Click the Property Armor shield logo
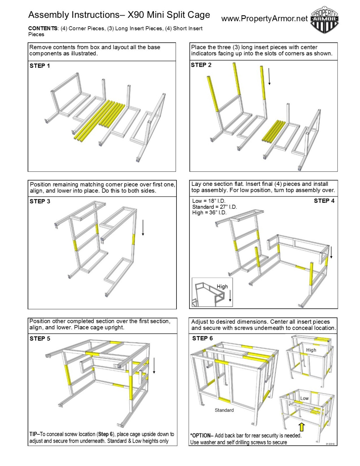[x=324, y=20]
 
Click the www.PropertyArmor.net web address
[x=264, y=19]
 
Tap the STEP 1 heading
[x=40, y=66]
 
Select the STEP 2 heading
[x=201, y=65]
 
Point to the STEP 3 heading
[x=40, y=201]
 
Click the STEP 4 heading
[x=324, y=201]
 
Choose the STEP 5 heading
[x=40, y=338]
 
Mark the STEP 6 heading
[x=202, y=338]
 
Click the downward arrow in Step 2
[x=269, y=76]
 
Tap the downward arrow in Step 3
[x=143, y=228]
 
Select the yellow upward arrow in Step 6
[x=302, y=427]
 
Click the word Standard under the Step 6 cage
[x=224, y=410]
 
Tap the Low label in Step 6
[x=304, y=398]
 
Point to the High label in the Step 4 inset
[x=222, y=287]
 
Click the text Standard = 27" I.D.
[x=214, y=207]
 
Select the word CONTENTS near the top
[x=43, y=29]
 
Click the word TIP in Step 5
[x=33, y=434]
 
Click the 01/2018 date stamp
[x=330, y=444]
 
